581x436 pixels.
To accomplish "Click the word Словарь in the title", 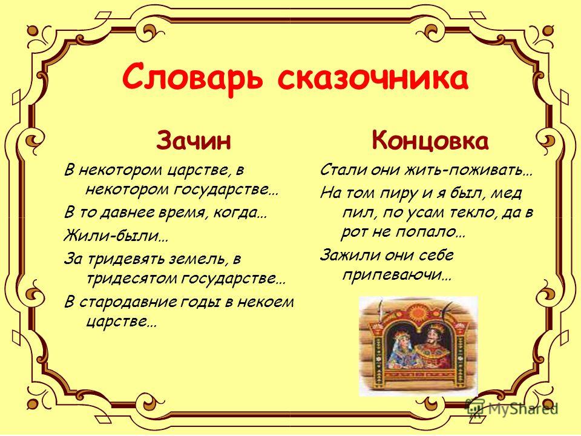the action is pyautogui.click(x=192, y=78).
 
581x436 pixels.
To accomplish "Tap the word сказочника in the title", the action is pyautogui.click(x=373, y=78).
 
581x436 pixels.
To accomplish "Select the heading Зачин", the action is pyautogui.click(x=194, y=140).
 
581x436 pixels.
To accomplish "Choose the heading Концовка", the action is pyautogui.click(x=430, y=140).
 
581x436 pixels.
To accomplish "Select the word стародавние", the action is pyautogui.click(x=128, y=302).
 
